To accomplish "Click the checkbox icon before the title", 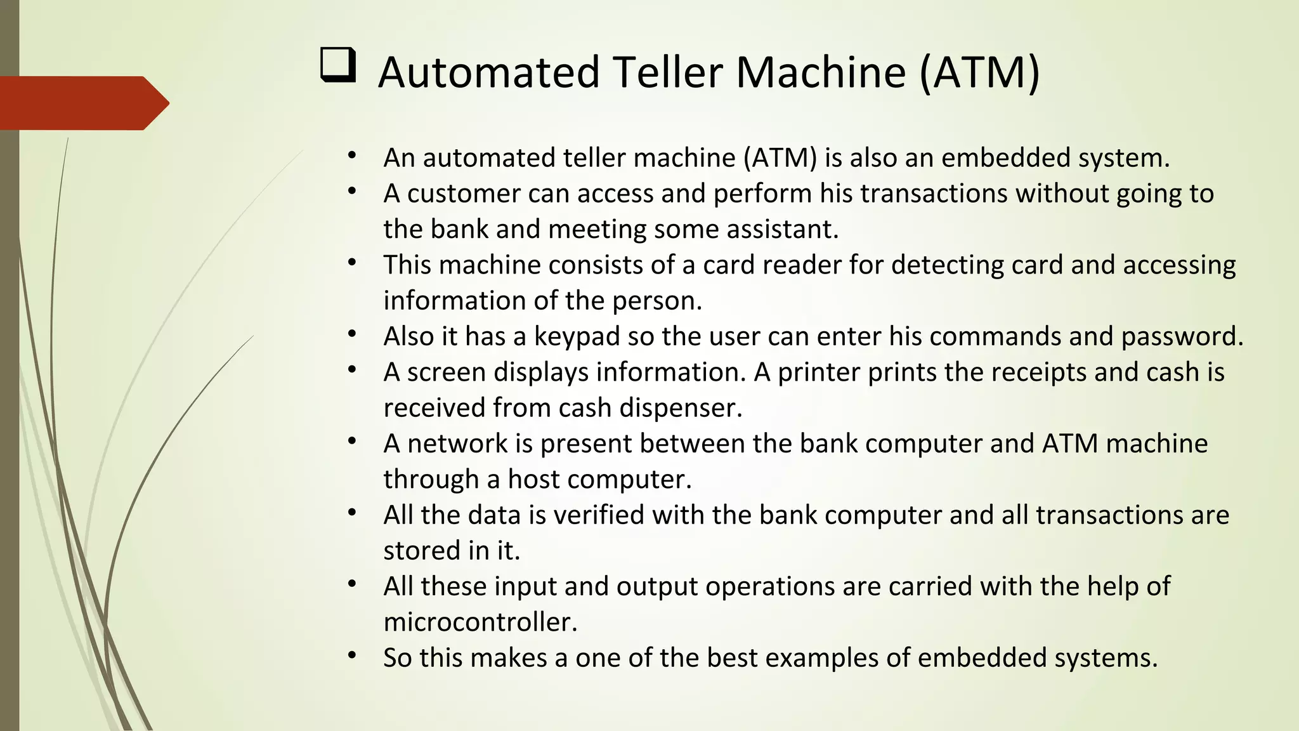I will tap(337, 65).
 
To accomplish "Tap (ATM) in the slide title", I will tap(979, 72).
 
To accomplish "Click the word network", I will tap(457, 444).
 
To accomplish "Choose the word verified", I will tap(599, 515).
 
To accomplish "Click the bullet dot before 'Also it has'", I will tap(352, 334).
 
